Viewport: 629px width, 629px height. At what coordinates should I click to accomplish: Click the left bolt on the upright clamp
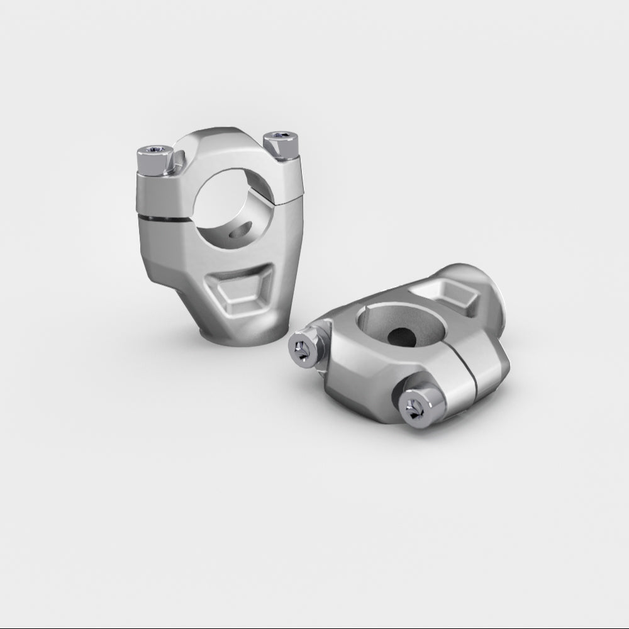(x=155, y=160)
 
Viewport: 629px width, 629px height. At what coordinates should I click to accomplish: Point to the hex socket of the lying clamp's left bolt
(x=301, y=350)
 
